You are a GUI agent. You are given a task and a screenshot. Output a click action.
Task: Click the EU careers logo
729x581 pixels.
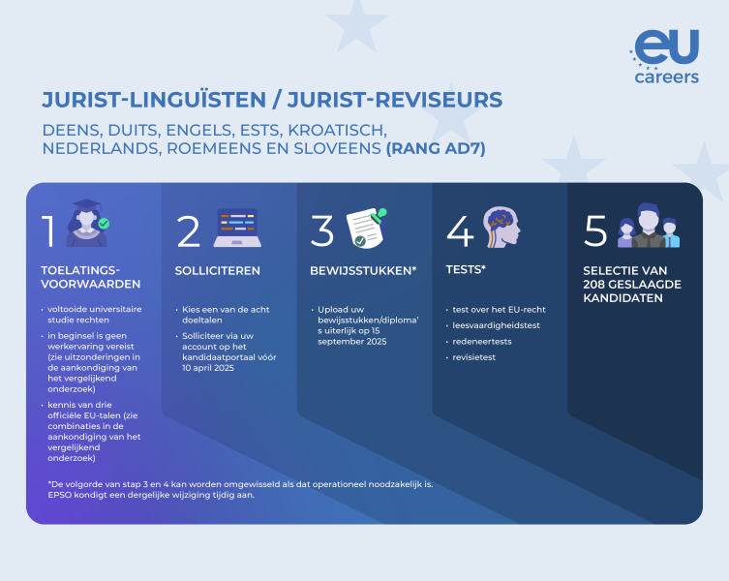665,56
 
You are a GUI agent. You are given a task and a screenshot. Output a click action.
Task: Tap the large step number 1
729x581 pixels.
48,230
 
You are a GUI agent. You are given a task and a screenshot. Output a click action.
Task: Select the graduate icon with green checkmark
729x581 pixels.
88,224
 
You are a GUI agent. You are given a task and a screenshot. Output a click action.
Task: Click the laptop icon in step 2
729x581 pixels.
237,228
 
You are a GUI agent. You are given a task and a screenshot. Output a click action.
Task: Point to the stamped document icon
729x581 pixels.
367,228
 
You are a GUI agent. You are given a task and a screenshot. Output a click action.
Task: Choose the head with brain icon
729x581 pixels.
501,227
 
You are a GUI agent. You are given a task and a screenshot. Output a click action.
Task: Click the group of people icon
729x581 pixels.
649,226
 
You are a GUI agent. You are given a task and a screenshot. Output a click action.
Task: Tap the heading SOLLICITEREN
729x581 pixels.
217,271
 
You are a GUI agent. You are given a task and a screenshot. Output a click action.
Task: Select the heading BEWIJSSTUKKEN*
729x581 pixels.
363,271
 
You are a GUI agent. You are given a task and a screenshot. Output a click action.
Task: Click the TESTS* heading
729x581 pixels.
466,269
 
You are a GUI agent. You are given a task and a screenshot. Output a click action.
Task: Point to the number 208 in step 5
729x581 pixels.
596,285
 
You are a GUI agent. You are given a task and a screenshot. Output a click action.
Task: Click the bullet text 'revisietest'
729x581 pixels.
473,357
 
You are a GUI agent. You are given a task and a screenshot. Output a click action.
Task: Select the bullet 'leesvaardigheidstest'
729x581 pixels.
496,325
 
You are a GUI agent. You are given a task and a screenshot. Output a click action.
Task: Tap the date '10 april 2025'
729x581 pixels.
208,368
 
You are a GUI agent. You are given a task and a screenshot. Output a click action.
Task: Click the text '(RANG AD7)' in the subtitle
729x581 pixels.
436,148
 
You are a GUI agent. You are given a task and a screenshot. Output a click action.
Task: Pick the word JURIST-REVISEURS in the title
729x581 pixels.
395,100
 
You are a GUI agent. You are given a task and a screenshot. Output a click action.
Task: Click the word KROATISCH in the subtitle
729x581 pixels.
337,131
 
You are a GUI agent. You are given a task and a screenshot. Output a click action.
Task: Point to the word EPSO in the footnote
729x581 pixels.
59,495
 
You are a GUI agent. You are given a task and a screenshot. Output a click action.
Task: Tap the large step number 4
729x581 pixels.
460,230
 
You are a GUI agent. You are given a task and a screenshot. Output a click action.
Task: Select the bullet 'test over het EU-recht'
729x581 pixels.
499,309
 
